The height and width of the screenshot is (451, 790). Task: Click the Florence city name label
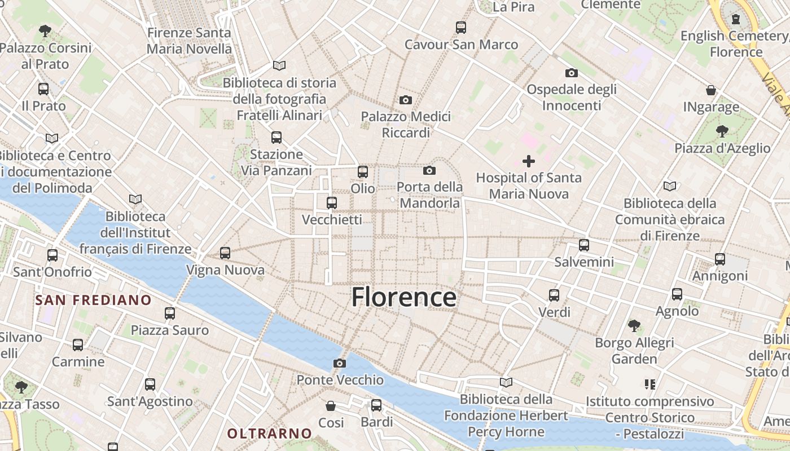pyautogui.click(x=403, y=297)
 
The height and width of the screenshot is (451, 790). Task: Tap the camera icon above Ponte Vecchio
pyautogui.click(x=339, y=364)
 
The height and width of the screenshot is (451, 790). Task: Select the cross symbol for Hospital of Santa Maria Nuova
pyautogui.click(x=529, y=162)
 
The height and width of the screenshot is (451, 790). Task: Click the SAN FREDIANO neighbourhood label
pyautogui.click(x=93, y=300)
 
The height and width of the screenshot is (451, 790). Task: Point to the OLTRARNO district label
pyautogui.click(x=269, y=434)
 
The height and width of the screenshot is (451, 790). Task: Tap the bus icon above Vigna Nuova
pyautogui.click(x=225, y=253)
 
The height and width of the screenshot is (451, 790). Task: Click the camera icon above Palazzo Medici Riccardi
pyautogui.click(x=405, y=100)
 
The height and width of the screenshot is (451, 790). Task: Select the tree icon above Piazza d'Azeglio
pyautogui.click(x=722, y=132)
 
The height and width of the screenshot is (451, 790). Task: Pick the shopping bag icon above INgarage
pyautogui.click(x=711, y=90)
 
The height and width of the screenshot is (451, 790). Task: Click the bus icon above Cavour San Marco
pyautogui.click(x=461, y=27)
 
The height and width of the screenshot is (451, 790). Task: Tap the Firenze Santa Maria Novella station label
pyautogui.click(x=189, y=41)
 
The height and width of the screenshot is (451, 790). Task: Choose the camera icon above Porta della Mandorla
pyautogui.click(x=429, y=170)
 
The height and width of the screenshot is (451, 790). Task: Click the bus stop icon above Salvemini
pyautogui.click(x=584, y=245)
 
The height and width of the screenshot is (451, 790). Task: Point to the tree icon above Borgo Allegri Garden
pyautogui.click(x=634, y=326)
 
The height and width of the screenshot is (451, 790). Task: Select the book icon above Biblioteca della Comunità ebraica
pyautogui.click(x=670, y=186)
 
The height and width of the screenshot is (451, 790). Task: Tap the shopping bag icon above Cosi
pyautogui.click(x=331, y=406)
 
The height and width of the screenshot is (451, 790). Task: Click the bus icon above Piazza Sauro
pyautogui.click(x=170, y=313)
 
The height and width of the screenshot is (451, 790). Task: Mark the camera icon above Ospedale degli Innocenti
pyautogui.click(x=572, y=73)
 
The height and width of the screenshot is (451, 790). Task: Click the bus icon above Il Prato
pyautogui.click(x=43, y=89)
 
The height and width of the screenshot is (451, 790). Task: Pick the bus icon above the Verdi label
pyautogui.click(x=554, y=295)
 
